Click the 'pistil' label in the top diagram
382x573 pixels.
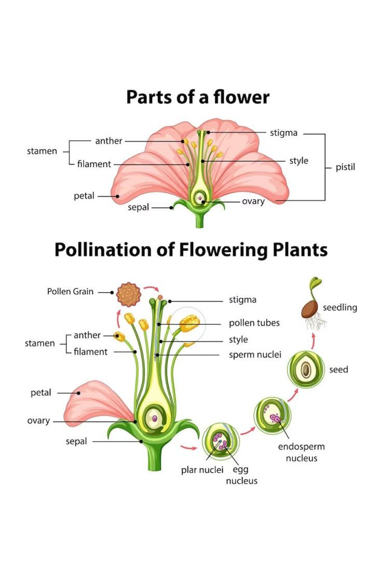tap(345, 167)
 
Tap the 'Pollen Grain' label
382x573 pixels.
tap(70, 291)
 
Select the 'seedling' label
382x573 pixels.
tap(339, 308)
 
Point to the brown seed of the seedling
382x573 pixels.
tap(311, 309)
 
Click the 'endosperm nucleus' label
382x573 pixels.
tap(301, 452)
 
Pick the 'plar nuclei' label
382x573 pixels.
tap(202, 470)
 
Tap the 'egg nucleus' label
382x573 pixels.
tap(241, 475)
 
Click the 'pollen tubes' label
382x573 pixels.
tap(254, 323)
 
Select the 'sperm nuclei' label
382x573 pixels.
tap(255, 354)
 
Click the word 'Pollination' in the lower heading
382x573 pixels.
tap(103, 250)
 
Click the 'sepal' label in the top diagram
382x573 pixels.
tap(138, 208)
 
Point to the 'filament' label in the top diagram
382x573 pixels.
tap(94, 164)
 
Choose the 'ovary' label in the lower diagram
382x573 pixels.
tap(38, 421)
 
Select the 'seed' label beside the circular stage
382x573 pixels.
tap(338, 370)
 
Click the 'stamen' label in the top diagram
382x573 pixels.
tap(42, 151)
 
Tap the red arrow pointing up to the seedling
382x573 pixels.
tap(313, 340)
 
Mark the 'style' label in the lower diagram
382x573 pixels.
tap(238, 340)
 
